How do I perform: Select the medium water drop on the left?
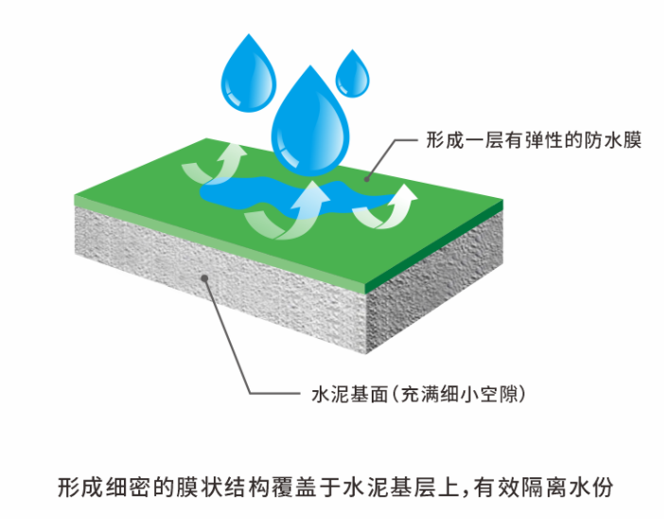tap(249, 74)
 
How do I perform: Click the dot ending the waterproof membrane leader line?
tap(370, 177)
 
